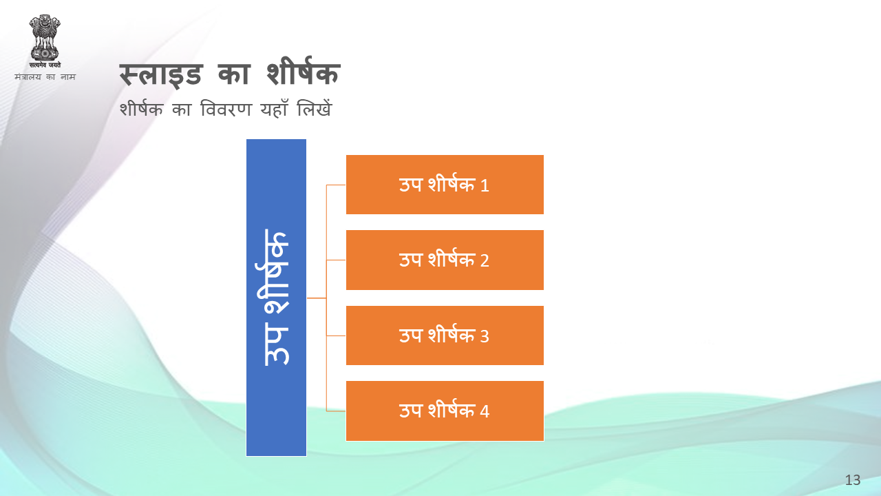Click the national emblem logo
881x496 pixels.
45,41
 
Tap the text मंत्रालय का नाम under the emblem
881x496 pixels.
45,76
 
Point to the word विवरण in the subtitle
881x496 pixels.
226,109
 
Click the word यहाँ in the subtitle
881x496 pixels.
274,109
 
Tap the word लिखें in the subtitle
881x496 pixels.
315,108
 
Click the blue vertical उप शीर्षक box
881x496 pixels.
276,298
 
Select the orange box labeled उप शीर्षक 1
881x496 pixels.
445,185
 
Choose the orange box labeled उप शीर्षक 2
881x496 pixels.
445,260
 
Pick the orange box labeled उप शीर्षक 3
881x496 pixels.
445,335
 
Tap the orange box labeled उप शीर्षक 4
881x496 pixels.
445,411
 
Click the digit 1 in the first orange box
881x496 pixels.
485,185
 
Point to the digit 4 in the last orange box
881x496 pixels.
485,411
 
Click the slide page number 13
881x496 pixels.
853,480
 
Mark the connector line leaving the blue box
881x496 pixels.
317,298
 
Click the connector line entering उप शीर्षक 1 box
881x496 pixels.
336,185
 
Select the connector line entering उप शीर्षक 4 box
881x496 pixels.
336,411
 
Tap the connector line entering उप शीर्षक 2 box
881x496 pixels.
336,260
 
